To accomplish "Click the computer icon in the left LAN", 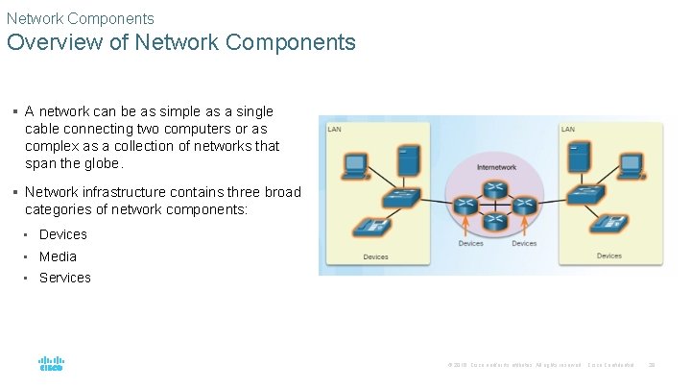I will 355,164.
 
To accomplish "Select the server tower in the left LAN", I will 407,161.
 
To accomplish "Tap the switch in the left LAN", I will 398,199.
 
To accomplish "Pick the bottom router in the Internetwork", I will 496,221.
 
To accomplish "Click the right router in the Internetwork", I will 524,205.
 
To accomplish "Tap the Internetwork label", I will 496,167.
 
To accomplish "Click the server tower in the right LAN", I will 579,158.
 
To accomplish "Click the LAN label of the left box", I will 334,129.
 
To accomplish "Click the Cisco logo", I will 51,365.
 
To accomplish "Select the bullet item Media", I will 58,256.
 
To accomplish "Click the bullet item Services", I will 65,278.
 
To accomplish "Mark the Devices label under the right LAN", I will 608,255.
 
